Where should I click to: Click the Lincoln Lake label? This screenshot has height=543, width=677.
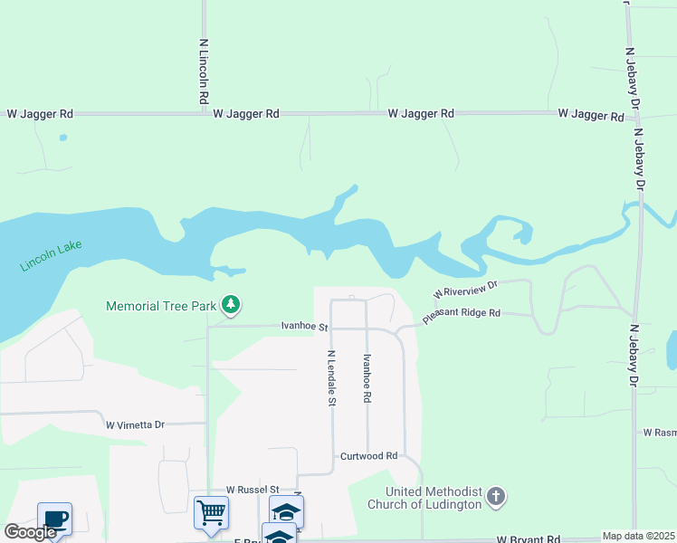(50, 257)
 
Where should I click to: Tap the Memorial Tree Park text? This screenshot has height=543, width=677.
(161, 306)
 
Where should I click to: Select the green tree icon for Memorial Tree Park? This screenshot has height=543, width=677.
(232, 305)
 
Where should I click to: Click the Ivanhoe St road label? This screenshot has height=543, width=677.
(303, 325)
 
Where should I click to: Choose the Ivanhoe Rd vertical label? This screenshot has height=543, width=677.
(367, 378)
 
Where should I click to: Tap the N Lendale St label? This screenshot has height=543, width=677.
(332, 377)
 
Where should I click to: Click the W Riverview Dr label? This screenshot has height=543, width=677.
(466, 289)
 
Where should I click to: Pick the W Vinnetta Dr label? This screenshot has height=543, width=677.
(135, 424)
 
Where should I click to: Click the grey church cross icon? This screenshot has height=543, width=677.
(495, 496)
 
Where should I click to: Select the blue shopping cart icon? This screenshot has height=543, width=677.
(211, 512)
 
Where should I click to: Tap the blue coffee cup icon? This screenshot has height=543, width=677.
(54, 519)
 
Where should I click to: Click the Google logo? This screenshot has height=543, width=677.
(30, 532)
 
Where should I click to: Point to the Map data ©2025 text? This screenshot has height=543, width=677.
(638, 536)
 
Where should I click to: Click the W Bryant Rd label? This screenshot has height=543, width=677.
(529, 538)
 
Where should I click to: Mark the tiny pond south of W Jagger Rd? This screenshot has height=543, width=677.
(62, 138)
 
